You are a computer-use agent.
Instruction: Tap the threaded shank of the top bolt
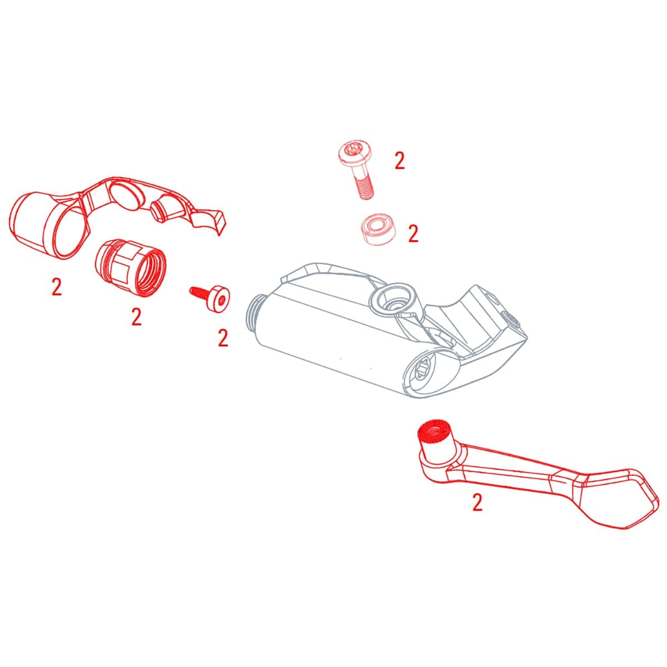364,186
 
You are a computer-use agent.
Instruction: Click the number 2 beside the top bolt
399,161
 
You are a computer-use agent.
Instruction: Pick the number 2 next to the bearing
412,233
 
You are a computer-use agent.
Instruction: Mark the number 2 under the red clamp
56,287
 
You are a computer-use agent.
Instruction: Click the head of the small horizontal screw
220,300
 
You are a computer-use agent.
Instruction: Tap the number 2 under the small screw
223,338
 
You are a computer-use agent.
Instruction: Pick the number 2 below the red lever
477,502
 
